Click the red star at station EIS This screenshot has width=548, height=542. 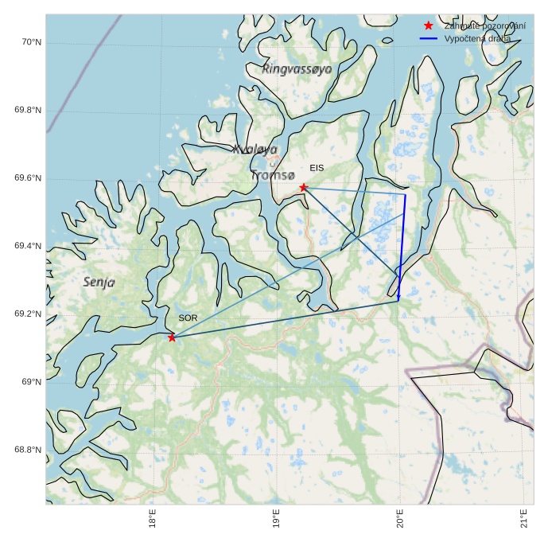tap(303, 187)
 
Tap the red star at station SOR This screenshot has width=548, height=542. tap(172, 337)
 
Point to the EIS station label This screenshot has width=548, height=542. tap(317, 168)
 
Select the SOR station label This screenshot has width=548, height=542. tap(188, 318)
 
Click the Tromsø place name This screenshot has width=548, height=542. tap(273, 175)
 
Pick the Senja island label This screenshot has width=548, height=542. tap(99, 282)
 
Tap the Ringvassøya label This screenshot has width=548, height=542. tap(297, 70)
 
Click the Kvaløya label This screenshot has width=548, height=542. tap(255, 149)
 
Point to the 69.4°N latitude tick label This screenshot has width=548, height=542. tap(27, 246)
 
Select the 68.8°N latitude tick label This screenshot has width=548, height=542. tap(27, 450)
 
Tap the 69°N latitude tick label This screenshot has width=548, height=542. tap(30, 382)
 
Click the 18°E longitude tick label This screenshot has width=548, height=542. tap(152, 518)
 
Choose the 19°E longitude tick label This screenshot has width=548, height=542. tap(276, 518)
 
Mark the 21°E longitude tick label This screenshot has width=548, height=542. tap(524, 518)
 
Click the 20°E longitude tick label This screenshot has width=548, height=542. tap(400, 518)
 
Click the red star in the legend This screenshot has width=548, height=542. tap(429, 26)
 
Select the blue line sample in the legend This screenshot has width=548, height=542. tap(429, 38)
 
